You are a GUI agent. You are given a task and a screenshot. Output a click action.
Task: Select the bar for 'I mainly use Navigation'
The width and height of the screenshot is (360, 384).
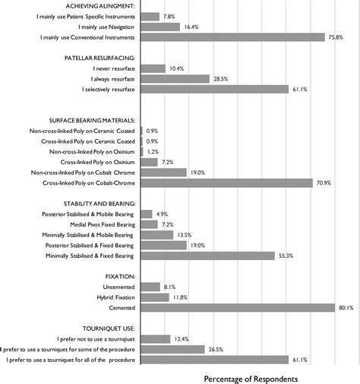[x=160, y=27]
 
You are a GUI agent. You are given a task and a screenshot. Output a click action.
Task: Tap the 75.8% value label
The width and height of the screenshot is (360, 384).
[x=336, y=37]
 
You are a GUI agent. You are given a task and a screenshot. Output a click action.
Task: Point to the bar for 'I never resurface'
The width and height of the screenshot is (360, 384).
[x=153, y=68]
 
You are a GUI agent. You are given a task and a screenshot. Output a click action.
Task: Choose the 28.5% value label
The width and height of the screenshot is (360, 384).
[x=220, y=79]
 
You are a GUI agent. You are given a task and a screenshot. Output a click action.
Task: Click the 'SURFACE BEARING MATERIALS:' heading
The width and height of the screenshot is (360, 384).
[x=92, y=120]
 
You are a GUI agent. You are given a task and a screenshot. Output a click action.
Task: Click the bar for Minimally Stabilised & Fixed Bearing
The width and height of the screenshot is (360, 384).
[x=207, y=256]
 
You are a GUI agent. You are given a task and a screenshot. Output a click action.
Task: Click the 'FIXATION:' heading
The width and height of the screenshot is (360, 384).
[x=120, y=275]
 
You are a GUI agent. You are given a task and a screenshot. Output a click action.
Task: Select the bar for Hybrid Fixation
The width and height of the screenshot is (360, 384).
[x=155, y=297]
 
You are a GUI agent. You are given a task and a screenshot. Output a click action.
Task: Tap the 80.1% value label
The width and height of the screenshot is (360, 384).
[x=346, y=307]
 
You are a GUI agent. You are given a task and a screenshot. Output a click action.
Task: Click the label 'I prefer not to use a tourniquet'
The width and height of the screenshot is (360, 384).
[x=96, y=338]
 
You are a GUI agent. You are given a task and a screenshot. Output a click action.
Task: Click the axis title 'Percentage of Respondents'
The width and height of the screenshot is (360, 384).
[x=251, y=377]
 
